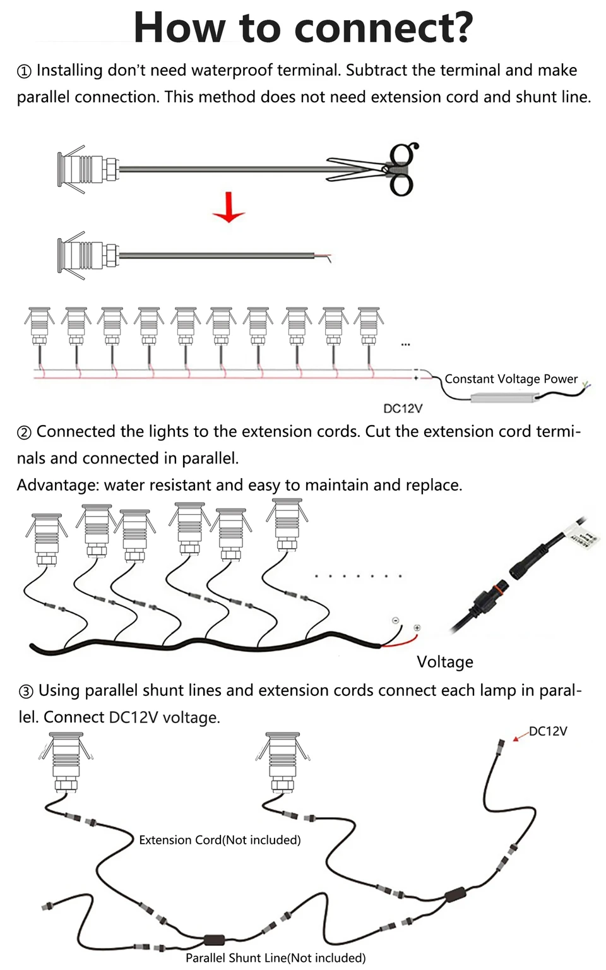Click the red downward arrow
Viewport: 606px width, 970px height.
click(x=229, y=208)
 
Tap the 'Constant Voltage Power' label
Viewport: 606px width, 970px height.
click(x=511, y=379)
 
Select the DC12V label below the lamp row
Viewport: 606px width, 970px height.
click(x=403, y=409)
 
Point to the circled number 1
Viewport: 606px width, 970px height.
click(x=24, y=71)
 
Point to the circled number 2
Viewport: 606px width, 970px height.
click(x=24, y=433)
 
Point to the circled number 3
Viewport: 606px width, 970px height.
click(x=26, y=692)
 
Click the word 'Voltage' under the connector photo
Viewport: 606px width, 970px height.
click(x=445, y=662)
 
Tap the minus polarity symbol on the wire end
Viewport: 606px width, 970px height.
click(x=395, y=621)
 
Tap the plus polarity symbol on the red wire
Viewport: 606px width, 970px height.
click(x=417, y=628)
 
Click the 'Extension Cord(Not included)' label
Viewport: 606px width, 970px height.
click(x=220, y=840)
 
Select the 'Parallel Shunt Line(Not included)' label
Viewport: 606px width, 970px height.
click(x=276, y=958)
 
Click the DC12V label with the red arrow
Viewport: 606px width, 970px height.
click(x=548, y=731)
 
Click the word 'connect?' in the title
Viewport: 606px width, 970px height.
click(x=384, y=28)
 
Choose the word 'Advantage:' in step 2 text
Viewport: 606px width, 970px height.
click(x=58, y=486)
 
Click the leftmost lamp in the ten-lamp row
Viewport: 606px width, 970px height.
click(x=39, y=327)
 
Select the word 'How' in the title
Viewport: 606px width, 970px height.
click(x=179, y=28)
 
